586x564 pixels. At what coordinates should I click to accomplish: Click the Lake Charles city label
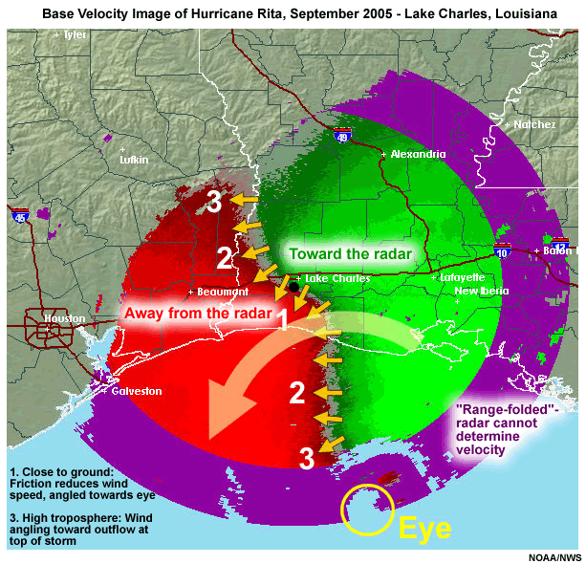click(337, 279)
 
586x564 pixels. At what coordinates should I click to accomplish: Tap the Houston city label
click(64, 318)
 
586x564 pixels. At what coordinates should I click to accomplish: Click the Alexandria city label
click(417, 154)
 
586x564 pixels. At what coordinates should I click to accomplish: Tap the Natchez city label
click(533, 124)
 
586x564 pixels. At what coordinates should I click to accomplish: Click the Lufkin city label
click(134, 160)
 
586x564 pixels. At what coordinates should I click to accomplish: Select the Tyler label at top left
click(74, 34)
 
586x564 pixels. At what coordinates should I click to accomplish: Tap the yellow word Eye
click(424, 529)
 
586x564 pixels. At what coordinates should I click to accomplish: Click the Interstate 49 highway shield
click(342, 139)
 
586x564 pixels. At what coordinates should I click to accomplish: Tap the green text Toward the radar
click(350, 254)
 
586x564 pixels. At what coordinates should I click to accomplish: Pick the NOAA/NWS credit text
click(554, 556)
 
